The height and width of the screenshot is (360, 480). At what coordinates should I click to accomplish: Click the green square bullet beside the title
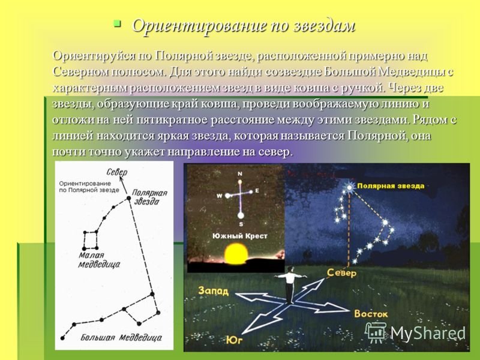[117, 24]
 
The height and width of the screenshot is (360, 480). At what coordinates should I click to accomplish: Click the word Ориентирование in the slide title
[198, 26]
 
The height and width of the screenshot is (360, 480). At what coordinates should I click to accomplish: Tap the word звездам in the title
[324, 26]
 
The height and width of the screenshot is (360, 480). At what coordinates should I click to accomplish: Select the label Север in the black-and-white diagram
[116, 172]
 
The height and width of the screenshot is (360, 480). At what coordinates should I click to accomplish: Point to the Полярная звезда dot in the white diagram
[128, 199]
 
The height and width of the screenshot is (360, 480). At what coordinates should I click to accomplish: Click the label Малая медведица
[99, 260]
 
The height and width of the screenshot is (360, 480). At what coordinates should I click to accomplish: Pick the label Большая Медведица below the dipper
[121, 337]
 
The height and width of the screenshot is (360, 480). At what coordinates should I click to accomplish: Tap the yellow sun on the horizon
[236, 254]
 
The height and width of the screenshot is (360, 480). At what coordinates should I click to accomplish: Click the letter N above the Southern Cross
[240, 174]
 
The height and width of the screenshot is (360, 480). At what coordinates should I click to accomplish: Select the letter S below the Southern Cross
[241, 224]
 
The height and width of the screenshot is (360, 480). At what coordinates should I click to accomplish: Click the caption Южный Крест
[240, 236]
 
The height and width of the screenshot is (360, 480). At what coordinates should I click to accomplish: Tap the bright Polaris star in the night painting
[349, 187]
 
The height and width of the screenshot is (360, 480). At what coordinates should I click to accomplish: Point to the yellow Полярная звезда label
[391, 186]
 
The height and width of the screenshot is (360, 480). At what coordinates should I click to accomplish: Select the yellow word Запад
[214, 290]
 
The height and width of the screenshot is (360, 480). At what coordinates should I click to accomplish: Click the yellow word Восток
[371, 314]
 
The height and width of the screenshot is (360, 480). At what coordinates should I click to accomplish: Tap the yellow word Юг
[235, 340]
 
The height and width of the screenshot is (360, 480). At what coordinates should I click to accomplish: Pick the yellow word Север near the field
[341, 272]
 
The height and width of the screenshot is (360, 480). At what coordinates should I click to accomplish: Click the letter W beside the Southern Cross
[220, 196]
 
